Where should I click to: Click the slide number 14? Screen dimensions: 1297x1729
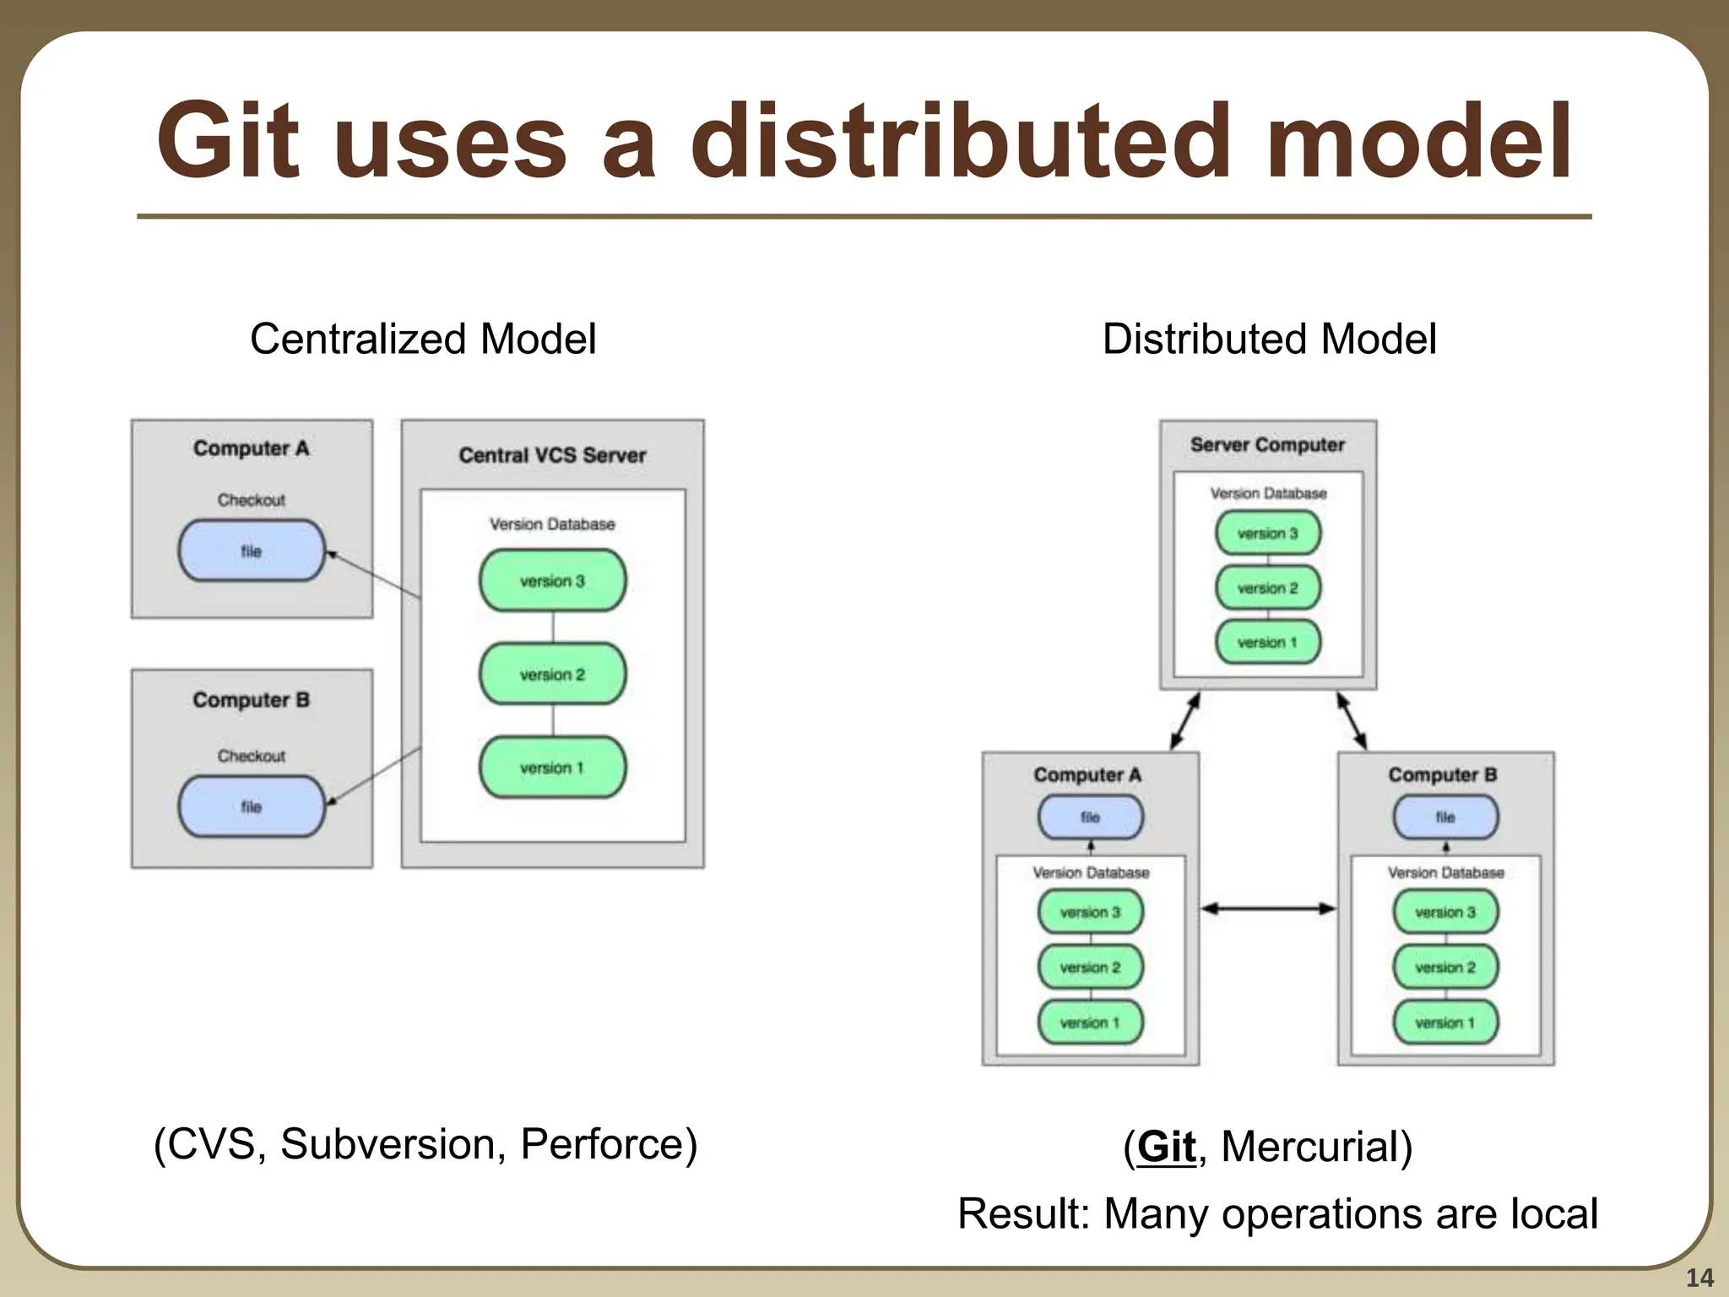[1699, 1278]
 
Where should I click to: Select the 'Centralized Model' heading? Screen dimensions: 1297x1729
[423, 339]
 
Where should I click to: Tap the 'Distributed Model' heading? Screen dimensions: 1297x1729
[1269, 339]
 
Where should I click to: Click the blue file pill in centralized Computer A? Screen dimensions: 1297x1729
[252, 551]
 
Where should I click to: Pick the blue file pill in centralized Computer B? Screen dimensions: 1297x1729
[252, 806]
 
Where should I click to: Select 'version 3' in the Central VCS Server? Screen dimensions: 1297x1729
[552, 581]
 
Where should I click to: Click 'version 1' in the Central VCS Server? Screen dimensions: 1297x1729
[552, 768]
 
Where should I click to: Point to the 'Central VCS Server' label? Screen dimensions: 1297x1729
[552, 455]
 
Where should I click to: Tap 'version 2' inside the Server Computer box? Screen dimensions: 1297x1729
[1267, 588]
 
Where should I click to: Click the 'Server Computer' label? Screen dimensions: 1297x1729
[1267, 445]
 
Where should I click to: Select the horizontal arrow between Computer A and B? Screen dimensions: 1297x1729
[1268, 909]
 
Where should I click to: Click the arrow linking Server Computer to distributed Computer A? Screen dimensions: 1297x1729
[1185, 720]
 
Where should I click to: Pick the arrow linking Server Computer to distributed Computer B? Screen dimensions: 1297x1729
[1352, 720]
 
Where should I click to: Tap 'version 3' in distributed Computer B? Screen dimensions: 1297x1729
[1445, 912]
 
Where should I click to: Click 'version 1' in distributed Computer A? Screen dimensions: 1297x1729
[1090, 1023]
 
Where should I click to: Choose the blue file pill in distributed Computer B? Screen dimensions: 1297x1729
[1445, 817]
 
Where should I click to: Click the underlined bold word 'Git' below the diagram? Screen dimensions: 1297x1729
[1167, 1147]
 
